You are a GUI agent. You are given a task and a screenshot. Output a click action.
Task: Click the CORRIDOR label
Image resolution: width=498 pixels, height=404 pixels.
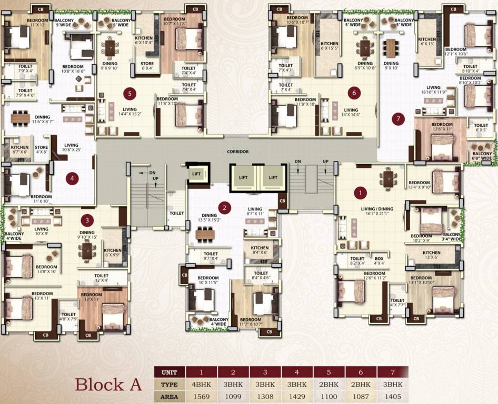[x=237, y=151]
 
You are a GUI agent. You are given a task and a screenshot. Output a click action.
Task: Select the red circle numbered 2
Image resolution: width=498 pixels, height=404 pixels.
[x=225, y=207]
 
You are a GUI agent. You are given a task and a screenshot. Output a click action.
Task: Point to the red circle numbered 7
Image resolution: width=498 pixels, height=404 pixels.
[x=398, y=119]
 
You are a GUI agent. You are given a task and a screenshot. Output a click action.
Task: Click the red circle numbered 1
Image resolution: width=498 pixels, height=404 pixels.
[x=361, y=193]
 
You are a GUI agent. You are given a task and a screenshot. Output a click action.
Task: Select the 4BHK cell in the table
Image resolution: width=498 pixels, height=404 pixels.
[x=202, y=384]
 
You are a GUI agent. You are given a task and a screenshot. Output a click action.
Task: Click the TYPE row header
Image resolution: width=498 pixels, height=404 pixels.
[x=170, y=384]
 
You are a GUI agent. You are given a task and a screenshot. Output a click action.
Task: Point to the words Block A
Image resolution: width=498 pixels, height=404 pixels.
[x=108, y=384]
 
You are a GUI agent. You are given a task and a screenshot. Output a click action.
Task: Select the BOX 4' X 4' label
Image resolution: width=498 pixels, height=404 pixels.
[x=379, y=261]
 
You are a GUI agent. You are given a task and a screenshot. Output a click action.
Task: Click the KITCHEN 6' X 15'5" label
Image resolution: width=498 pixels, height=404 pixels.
[x=330, y=46]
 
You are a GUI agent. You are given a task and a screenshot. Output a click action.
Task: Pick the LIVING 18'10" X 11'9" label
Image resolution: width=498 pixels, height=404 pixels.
[x=433, y=90]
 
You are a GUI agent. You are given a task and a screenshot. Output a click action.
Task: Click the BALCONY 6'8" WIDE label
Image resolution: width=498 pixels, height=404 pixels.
[x=481, y=155]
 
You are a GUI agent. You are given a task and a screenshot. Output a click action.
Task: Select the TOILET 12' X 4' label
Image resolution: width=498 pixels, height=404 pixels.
[x=102, y=278]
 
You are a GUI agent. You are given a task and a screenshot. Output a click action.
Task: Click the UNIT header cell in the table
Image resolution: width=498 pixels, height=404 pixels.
[x=170, y=372]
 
